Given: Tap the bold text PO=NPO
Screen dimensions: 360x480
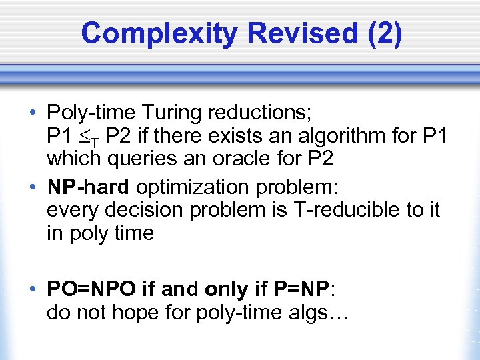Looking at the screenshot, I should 91,289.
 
